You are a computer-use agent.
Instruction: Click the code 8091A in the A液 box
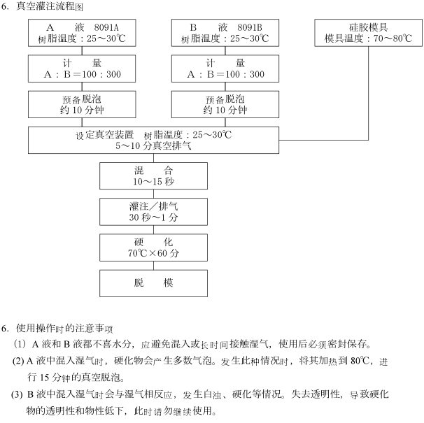tap(106, 27)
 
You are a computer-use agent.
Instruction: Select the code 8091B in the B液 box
tap(250, 27)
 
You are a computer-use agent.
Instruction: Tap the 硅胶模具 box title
tap(368, 27)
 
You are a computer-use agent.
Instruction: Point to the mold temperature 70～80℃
tap(393, 38)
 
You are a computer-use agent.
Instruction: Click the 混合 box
tap(154, 176)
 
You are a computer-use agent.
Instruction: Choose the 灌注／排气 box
tap(154, 212)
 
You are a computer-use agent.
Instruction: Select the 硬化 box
tap(154, 248)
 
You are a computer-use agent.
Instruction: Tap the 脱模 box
tap(154, 283)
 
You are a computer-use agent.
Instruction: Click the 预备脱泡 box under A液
tap(82, 104)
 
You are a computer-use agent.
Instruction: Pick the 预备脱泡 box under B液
tap(225, 104)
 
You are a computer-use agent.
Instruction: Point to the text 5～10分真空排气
tap(154, 145)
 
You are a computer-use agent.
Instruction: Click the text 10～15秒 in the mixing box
tap(154, 181)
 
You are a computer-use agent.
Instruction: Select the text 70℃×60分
tap(154, 253)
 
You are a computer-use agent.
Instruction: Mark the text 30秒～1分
tap(154, 217)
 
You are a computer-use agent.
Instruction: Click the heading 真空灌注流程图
tap(50, 6)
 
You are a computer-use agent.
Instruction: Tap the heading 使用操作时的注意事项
tap(64, 328)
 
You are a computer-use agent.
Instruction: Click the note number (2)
tap(18, 361)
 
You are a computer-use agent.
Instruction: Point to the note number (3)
tap(17, 394)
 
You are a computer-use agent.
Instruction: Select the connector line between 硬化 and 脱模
tap(154, 266)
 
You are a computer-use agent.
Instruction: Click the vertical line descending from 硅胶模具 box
tap(368, 93)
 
